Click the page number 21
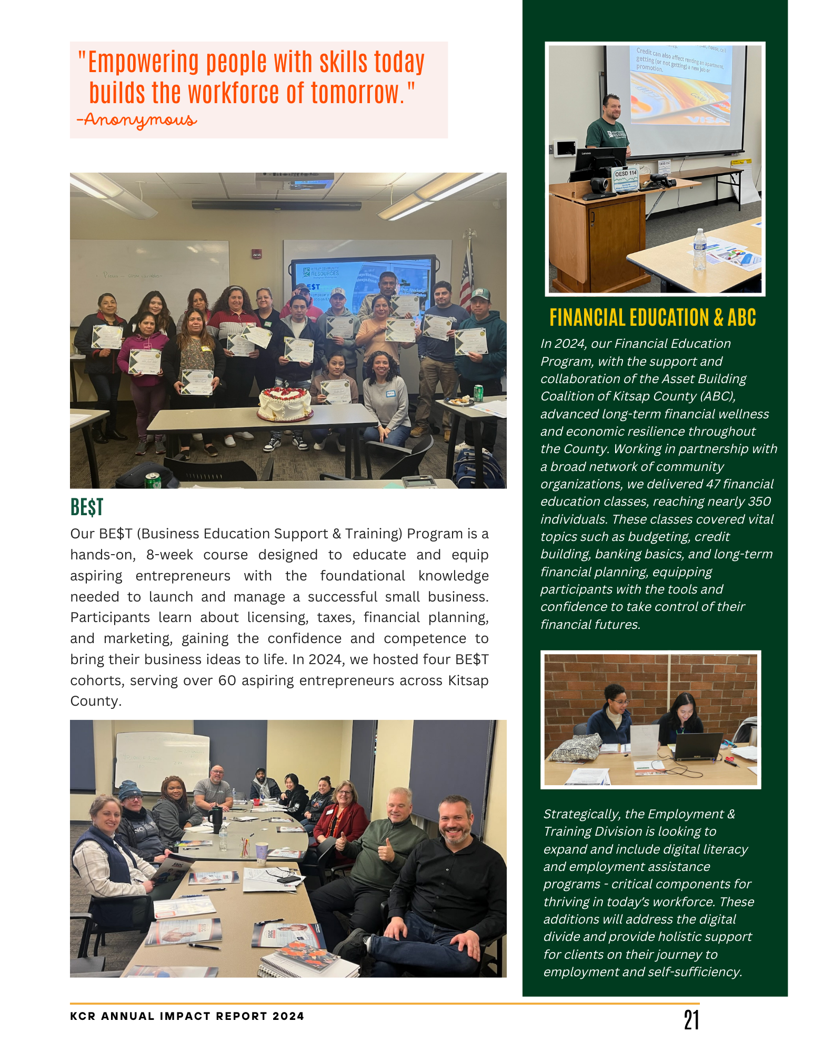(x=691, y=1020)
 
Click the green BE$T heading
(x=87, y=507)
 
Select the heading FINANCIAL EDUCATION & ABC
(x=653, y=318)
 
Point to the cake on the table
(x=285, y=404)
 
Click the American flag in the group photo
(x=466, y=276)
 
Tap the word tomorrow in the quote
(x=358, y=93)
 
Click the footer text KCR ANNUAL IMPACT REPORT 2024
(x=187, y=1016)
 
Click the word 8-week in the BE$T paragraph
(x=169, y=555)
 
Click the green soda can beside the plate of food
(x=478, y=393)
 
